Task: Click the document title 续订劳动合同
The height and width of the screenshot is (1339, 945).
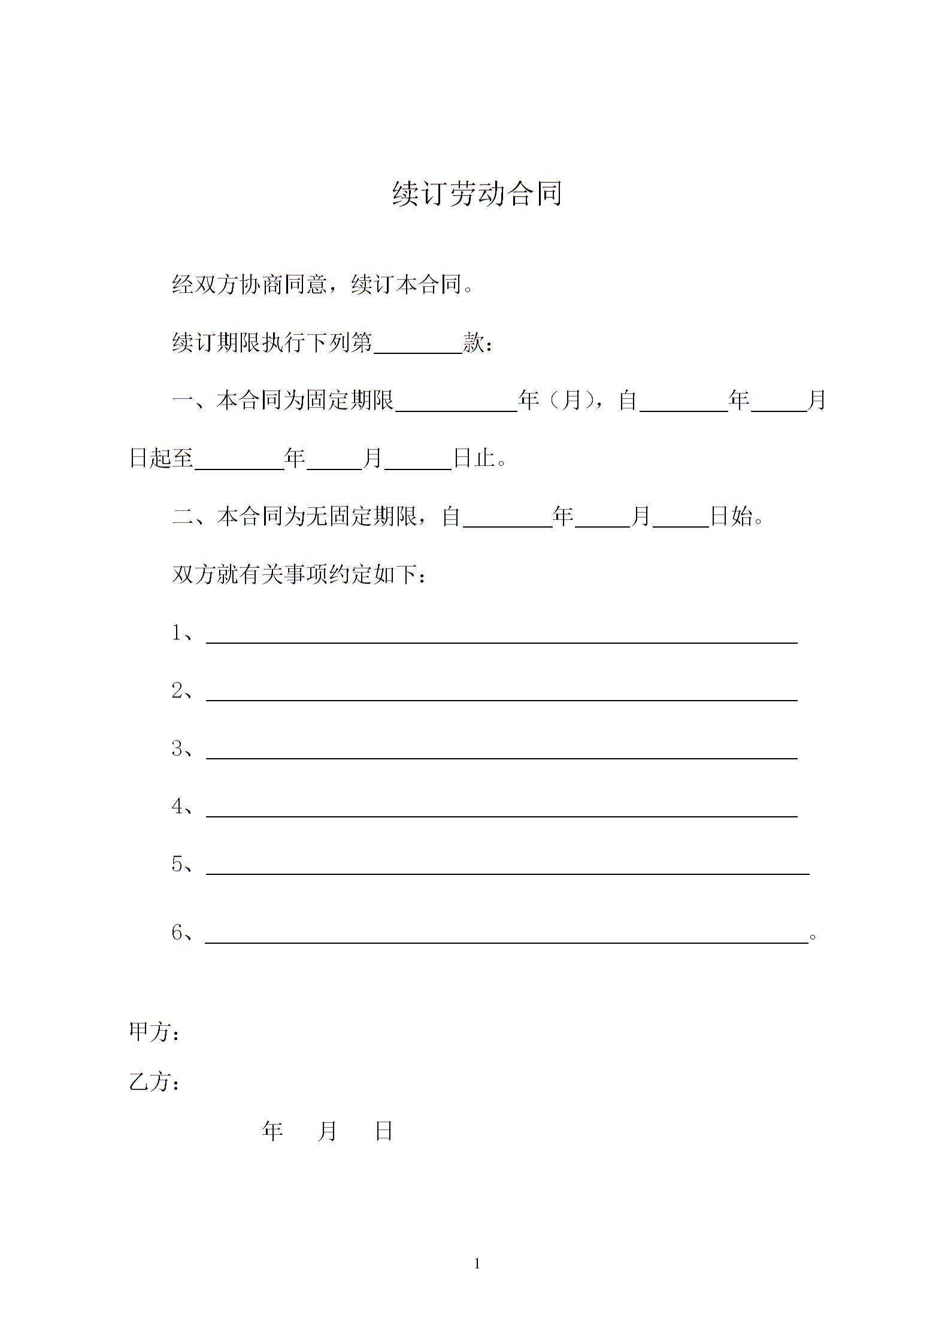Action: (477, 194)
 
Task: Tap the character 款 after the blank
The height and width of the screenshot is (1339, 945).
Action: (474, 343)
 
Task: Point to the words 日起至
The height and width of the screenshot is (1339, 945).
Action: (161, 459)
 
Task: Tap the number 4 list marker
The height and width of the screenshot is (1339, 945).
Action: (177, 807)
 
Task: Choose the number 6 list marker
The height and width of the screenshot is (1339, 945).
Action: (177, 932)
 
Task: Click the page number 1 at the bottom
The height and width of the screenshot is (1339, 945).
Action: (477, 1264)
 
